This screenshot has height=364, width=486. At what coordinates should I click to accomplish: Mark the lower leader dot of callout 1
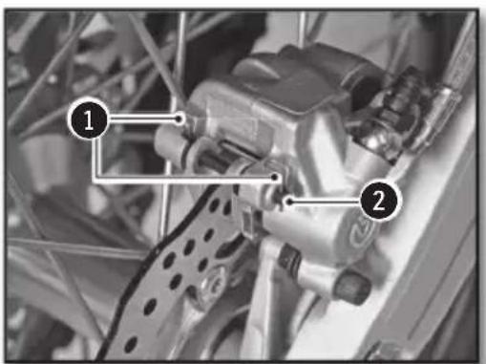(275, 175)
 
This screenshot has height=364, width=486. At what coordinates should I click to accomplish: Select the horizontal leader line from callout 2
(325, 201)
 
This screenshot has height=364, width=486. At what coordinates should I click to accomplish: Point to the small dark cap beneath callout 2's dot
(292, 256)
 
